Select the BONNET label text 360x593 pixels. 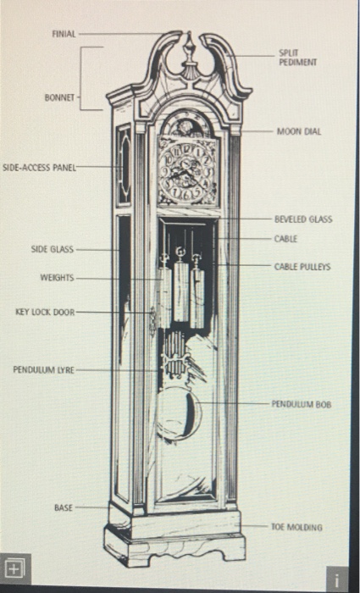(x=59, y=97)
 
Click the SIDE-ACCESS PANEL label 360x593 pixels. (x=40, y=168)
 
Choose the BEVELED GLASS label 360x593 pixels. (x=302, y=219)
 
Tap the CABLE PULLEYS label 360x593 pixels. (x=302, y=265)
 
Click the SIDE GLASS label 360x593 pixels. (x=53, y=250)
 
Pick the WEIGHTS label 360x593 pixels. (x=57, y=278)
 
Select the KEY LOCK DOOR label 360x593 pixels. (x=45, y=312)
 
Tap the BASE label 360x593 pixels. (x=64, y=507)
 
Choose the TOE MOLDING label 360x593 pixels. (x=296, y=526)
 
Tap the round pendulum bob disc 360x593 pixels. (x=179, y=413)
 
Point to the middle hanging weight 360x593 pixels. (x=180, y=291)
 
